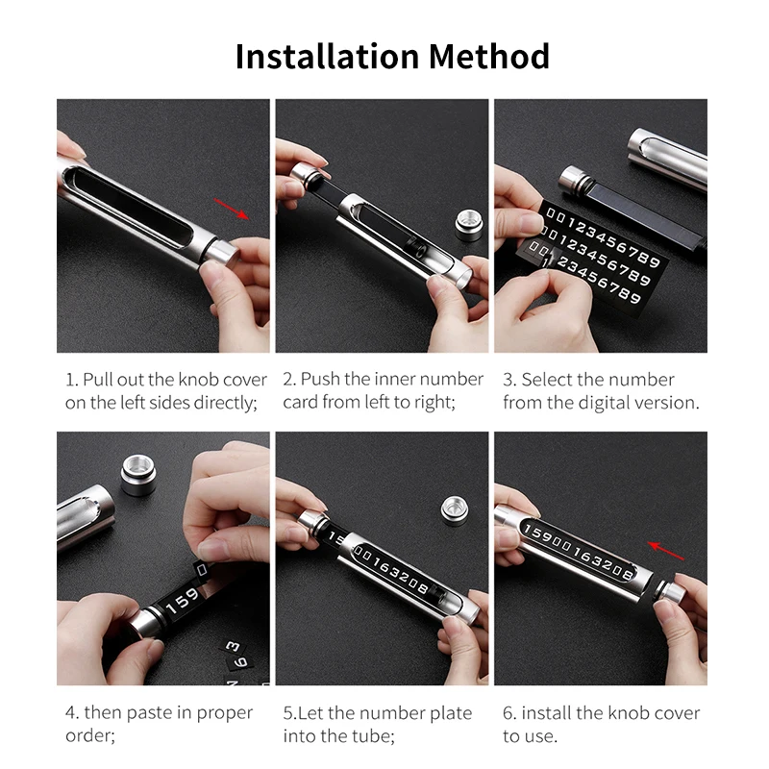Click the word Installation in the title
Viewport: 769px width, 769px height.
coord(327,57)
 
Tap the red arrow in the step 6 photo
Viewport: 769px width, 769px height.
coord(666,550)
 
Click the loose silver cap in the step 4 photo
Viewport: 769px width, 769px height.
coord(138,475)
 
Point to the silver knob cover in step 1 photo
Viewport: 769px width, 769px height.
coord(223,257)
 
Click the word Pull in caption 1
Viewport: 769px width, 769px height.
coord(98,380)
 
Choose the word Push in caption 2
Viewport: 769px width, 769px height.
coord(321,380)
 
